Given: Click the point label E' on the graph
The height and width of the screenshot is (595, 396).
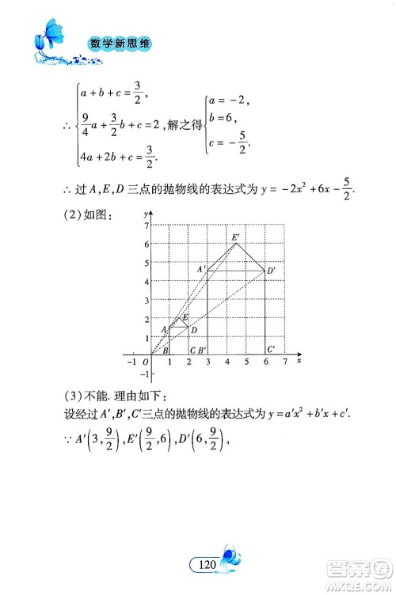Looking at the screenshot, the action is (x=235, y=237).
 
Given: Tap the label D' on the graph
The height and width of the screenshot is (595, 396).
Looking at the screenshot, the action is (x=271, y=272).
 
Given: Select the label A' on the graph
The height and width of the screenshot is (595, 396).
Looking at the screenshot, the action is (x=201, y=270).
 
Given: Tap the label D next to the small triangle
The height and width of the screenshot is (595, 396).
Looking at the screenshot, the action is (x=194, y=330).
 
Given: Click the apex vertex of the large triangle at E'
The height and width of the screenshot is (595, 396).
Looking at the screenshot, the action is (x=237, y=244).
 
